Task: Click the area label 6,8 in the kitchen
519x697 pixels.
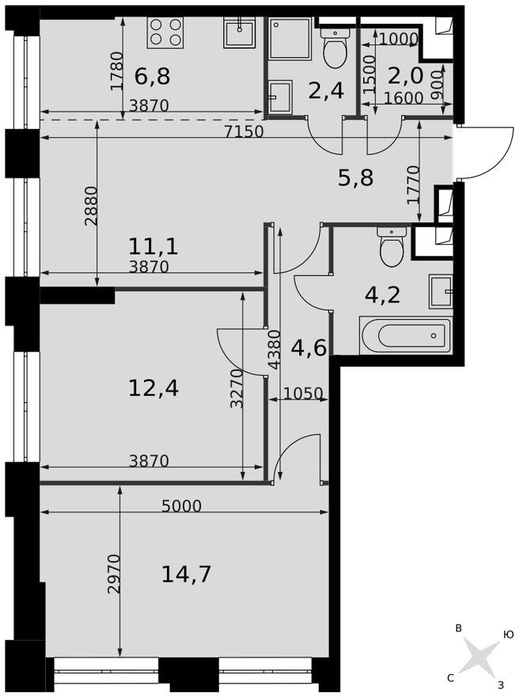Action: click(153, 77)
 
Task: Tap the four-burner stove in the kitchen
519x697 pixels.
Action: click(165, 32)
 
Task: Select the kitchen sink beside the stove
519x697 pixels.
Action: click(239, 33)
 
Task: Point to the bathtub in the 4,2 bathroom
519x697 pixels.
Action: click(405, 336)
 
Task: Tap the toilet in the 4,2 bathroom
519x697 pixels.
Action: click(392, 248)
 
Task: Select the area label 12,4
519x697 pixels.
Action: click(153, 388)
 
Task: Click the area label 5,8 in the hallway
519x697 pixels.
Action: click(355, 178)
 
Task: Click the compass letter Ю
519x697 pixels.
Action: click(508, 634)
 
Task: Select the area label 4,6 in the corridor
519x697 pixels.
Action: click(309, 347)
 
